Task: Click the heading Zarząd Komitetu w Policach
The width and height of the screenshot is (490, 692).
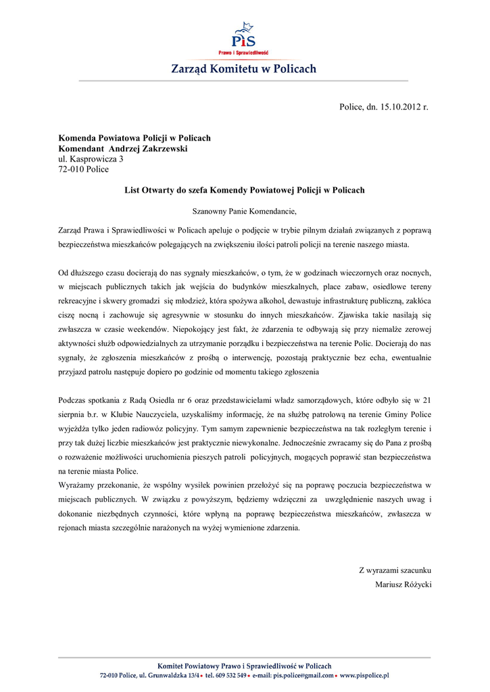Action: [244, 69]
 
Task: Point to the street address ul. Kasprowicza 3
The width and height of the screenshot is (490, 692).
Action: [91, 159]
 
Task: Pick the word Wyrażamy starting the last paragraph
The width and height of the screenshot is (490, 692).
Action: [76, 485]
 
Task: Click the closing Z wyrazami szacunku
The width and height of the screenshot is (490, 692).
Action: [395, 570]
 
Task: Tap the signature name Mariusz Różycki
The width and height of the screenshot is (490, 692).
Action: [403, 585]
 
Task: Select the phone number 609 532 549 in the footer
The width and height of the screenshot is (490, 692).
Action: [226, 675]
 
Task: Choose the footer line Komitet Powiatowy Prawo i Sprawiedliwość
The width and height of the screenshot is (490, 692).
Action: [244, 666]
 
